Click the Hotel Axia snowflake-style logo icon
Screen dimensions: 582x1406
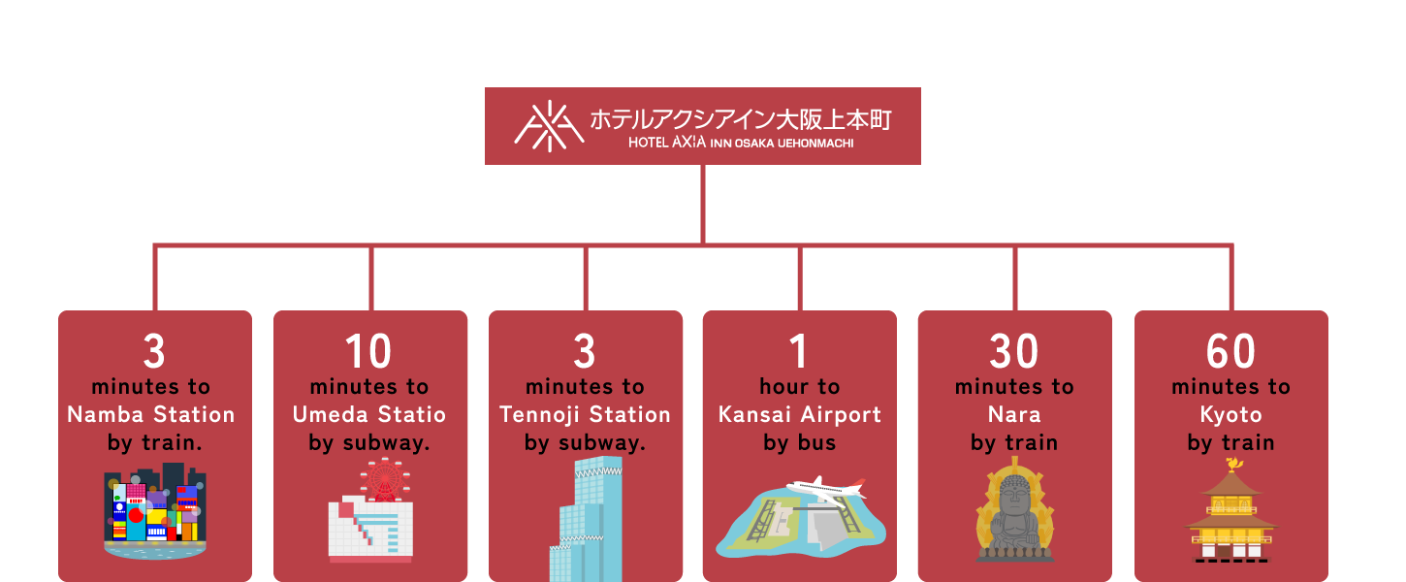549,126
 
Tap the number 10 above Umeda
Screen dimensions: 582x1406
368,351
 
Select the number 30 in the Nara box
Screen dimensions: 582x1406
1014,351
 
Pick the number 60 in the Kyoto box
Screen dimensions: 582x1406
1230,351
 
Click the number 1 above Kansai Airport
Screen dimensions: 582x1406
799,351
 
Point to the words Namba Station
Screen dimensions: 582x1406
151,415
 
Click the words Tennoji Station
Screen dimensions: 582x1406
585,415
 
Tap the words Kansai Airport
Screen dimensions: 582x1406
800,415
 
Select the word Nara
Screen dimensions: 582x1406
1014,415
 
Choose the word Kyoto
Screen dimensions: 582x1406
1230,415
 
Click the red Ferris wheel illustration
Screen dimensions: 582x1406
385,480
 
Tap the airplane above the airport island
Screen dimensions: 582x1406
826,487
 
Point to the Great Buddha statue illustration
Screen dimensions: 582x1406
1014,514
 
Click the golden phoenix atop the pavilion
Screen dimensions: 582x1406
1233,467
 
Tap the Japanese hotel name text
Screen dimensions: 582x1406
741,119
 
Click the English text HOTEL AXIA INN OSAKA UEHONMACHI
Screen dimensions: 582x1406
741,144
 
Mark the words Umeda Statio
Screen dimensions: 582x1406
368,415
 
